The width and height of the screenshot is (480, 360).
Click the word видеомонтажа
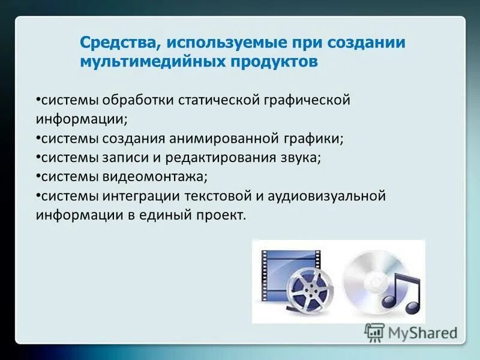(x=155, y=177)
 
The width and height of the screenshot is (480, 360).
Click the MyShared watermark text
(x=423, y=332)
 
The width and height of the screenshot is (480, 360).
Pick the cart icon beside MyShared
(x=374, y=332)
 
